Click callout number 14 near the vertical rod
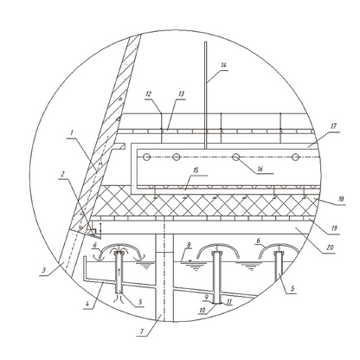(x=223, y=65)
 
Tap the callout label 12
(x=149, y=93)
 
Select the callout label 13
(x=181, y=93)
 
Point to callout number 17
(x=333, y=126)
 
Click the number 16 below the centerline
(x=260, y=169)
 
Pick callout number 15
(x=196, y=170)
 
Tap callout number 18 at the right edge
(x=341, y=199)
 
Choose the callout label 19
(x=334, y=228)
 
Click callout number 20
(x=331, y=247)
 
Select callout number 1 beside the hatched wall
(x=72, y=132)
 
